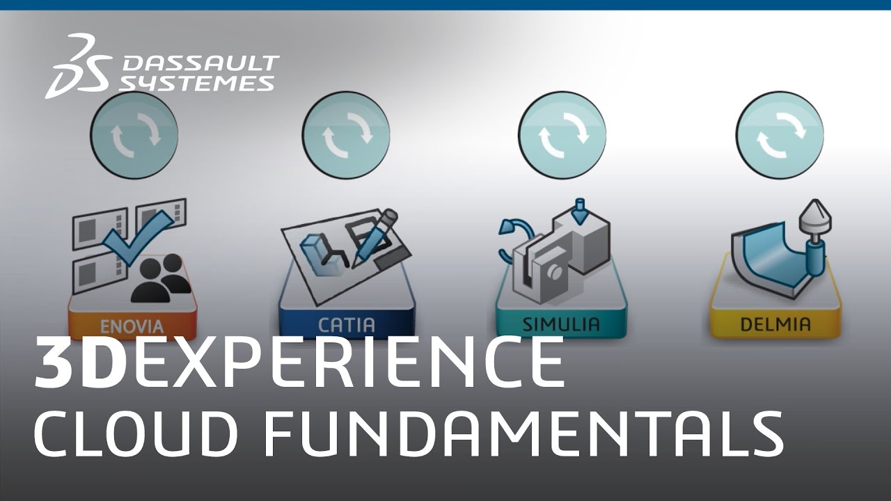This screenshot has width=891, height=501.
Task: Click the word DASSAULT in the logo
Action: coord(200,64)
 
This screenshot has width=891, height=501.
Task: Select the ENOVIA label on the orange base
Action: coord(132,326)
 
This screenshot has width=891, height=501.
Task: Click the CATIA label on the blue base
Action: coord(347,325)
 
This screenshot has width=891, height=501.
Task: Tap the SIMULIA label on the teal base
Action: coord(561,324)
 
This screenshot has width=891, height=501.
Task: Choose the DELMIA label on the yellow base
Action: coord(775,324)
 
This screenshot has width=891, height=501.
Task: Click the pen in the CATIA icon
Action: coord(376,237)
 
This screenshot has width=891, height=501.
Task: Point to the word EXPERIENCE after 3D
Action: coord(348,363)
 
